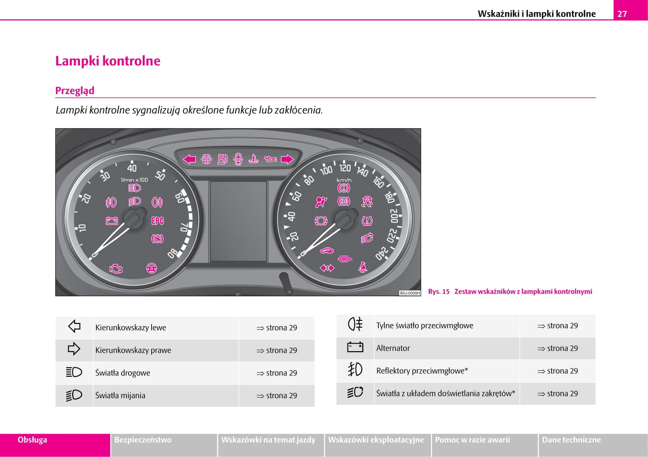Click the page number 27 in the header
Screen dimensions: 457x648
tap(622, 13)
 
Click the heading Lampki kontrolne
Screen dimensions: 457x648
tap(108, 61)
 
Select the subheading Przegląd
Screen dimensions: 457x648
tap(75, 91)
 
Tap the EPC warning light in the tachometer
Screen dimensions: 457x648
tap(157, 221)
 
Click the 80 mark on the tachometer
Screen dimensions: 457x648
tap(172, 253)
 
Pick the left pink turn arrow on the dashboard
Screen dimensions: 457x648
tap(190, 159)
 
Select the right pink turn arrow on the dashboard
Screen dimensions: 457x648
tap(287, 159)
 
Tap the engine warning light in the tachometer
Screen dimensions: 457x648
tap(116, 269)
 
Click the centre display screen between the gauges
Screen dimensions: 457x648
tap(238, 221)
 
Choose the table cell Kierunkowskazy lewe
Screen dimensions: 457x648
tap(130, 328)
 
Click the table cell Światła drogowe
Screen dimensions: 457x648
tap(122, 373)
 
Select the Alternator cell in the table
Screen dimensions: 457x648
tap(393, 348)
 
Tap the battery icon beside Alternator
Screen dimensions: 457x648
tap(355, 348)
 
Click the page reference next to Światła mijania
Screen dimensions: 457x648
tap(277, 396)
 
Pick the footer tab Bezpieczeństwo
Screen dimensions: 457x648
tap(143, 440)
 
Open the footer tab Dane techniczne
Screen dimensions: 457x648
tap(571, 440)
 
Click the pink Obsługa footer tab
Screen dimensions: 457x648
tap(32, 440)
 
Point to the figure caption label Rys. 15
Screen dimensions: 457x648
tap(439, 292)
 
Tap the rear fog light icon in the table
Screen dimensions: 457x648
tap(355, 324)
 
